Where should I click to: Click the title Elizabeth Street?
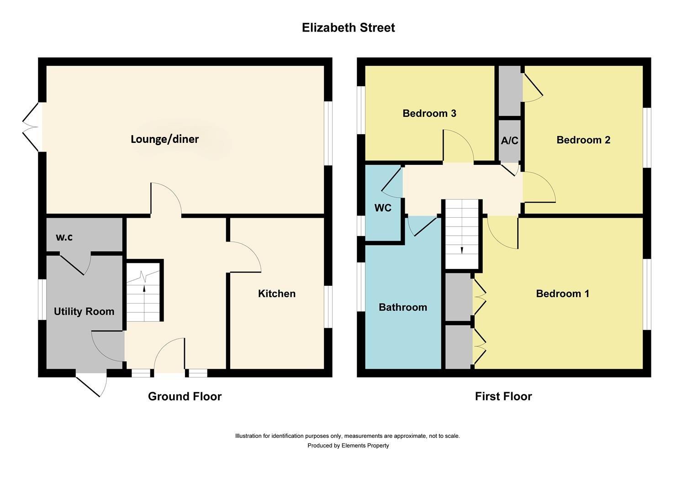(348, 28)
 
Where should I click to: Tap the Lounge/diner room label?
(164, 139)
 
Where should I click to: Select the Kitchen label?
(276, 294)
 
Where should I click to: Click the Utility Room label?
(84, 312)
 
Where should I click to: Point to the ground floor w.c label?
(64, 237)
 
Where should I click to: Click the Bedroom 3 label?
(429, 113)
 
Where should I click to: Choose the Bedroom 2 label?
(583, 140)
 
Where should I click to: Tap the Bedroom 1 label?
(562, 294)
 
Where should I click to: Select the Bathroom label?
(402, 307)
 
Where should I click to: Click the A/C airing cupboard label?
(509, 141)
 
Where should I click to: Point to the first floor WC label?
(382, 208)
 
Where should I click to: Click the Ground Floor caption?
(185, 396)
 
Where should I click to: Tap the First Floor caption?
(503, 396)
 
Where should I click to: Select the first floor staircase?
(462, 234)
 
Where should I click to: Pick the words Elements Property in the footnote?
(365, 446)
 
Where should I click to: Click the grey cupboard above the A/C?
(509, 91)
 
